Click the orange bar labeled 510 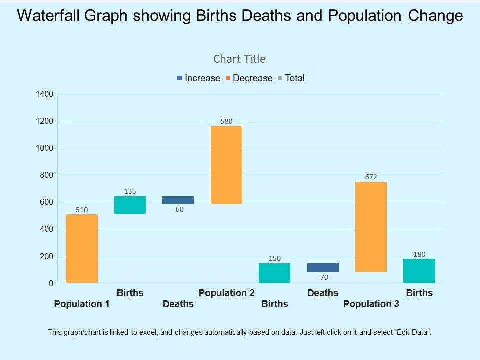pos(82,249)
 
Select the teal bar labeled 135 pos(130,205)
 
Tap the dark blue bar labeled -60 pos(178,200)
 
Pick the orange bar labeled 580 pos(226,165)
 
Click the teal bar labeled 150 pos(274,273)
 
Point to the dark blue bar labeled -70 pos(323,267)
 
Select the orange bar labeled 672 pos(371,227)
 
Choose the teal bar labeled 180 pos(419,271)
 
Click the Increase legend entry pos(198,78)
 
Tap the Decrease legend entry pos(249,78)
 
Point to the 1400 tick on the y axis pos(44,94)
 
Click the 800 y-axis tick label pos(46,175)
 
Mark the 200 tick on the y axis pos(46,256)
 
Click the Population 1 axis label pos(82,304)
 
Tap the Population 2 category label pos(227,293)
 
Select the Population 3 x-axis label pos(371,304)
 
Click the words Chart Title pos(240,59)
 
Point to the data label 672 pos(371,177)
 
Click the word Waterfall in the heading pos(49,16)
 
